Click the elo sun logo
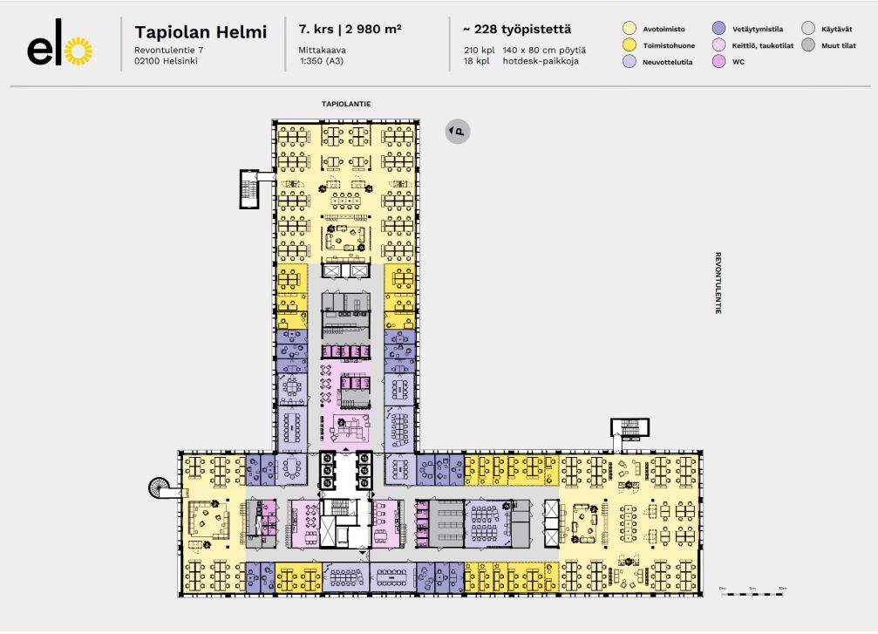tap(59, 51)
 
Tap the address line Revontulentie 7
tap(168, 51)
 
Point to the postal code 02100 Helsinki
tap(172, 62)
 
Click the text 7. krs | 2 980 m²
tap(344, 30)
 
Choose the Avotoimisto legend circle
tap(630, 29)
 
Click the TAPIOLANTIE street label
tap(346, 104)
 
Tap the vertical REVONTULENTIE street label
tap(718, 283)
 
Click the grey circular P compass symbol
tap(457, 132)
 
